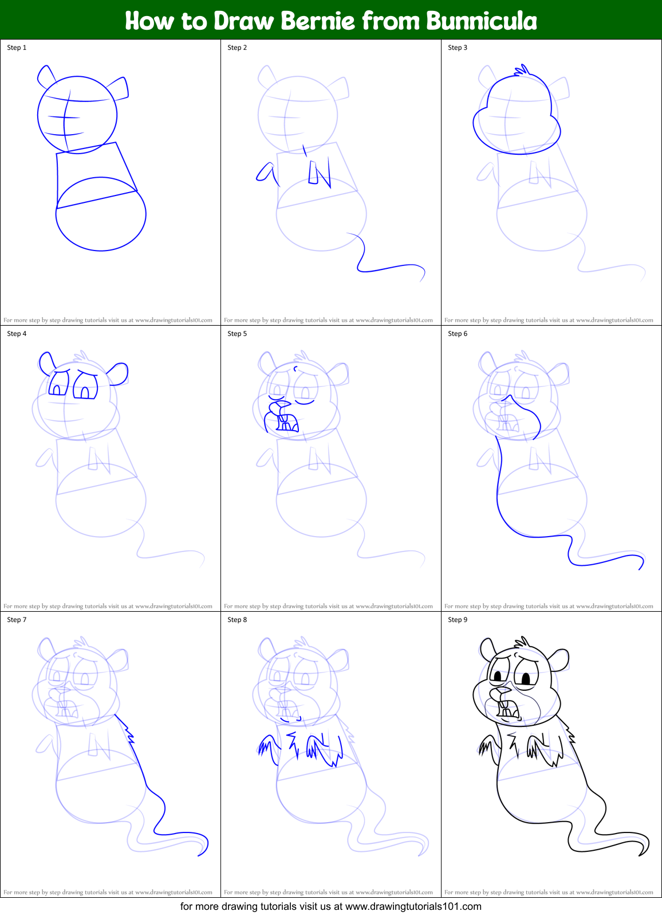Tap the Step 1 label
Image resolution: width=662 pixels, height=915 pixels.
17,48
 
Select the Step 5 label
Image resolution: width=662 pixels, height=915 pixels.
237,334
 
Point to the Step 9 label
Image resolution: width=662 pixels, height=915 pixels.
458,620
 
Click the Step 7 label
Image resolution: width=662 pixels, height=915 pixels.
17,620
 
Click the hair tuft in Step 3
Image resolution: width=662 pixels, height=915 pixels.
522,71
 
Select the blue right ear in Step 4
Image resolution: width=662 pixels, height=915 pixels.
118,373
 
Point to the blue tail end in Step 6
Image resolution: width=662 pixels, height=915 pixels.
641,565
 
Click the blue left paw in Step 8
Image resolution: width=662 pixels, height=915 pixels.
265,746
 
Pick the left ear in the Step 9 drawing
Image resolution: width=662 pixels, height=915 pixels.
488,649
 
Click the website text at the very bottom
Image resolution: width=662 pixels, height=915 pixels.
330,906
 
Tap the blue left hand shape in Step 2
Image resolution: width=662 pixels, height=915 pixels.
267,172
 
